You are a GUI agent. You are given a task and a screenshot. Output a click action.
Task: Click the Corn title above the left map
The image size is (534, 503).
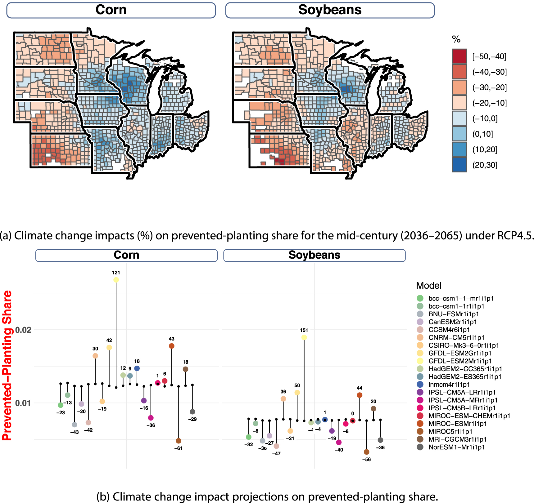pyautogui.click(x=111, y=10)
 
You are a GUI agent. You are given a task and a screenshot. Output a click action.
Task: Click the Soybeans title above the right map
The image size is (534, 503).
pyautogui.click(x=330, y=10)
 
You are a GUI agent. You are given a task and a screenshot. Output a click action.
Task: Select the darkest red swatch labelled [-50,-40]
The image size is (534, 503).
pyautogui.click(x=459, y=56)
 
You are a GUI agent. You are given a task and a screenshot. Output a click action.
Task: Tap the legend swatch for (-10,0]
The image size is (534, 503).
pyautogui.click(x=459, y=118)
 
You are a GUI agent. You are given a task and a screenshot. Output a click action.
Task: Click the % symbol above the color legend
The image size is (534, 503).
pyautogui.click(x=456, y=39)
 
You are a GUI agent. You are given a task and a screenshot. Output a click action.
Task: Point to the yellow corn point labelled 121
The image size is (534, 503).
pyautogui.click(x=116, y=280)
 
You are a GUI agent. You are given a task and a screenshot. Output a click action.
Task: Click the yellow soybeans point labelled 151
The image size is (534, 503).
pyautogui.click(x=304, y=337)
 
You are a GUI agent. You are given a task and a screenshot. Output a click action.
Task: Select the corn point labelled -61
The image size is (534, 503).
pyautogui.click(x=179, y=441)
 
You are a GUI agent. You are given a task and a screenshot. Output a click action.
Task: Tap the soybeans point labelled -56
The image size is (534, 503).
pyautogui.click(x=366, y=452)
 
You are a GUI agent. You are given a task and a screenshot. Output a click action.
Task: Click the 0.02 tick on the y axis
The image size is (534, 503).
pyautogui.click(x=23, y=330)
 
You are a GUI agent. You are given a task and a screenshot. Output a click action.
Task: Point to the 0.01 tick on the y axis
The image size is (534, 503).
pyautogui.click(x=23, y=403)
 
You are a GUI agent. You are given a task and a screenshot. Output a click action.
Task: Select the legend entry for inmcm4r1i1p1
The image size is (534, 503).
pyautogui.click(x=449, y=385)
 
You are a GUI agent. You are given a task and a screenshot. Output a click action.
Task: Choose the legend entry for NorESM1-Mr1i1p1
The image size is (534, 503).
pyautogui.click(x=456, y=447)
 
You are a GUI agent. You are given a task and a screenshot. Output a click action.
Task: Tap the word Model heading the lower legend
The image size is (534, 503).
pyautogui.click(x=429, y=286)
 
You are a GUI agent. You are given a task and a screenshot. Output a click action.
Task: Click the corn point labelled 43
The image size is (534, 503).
pyautogui.click(x=172, y=346)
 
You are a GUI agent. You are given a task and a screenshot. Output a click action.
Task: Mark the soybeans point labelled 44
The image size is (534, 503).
pyautogui.click(x=360, y=395)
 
